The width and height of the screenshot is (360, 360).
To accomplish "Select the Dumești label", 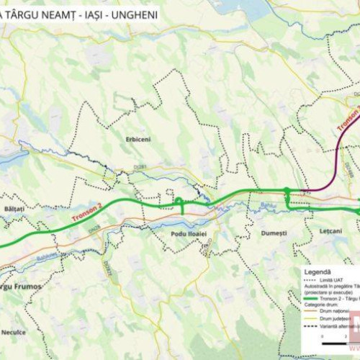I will coord(274,233).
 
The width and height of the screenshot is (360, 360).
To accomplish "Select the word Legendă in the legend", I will coord(318,271).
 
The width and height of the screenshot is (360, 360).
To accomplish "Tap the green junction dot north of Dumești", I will coord(287,191).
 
